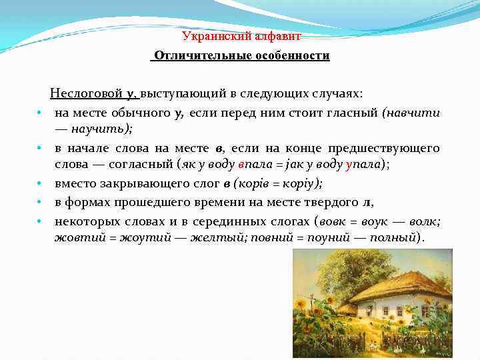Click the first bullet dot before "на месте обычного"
[41, 113]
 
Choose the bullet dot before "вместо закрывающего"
[41, 183]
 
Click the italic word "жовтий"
[75, 238]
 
